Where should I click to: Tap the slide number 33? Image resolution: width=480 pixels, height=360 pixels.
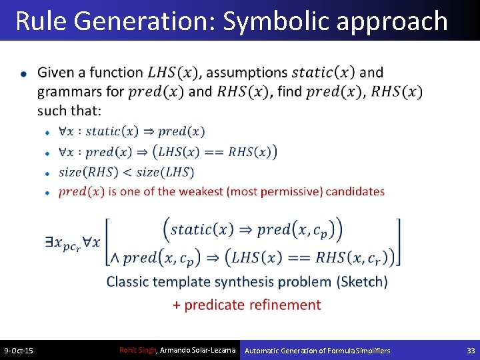coord(471,351)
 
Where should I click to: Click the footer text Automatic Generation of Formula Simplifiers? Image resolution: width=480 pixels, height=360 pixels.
coord(317,351)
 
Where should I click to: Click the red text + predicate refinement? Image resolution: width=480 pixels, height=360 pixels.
coord(247,305)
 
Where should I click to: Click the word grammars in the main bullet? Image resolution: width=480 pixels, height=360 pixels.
coord(67,91)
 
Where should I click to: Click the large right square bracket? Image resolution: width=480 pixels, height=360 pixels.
coord(398,242)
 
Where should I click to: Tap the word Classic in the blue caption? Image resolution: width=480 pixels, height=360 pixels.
coord(128,281)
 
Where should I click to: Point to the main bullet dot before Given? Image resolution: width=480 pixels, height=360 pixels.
coord(24,73)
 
